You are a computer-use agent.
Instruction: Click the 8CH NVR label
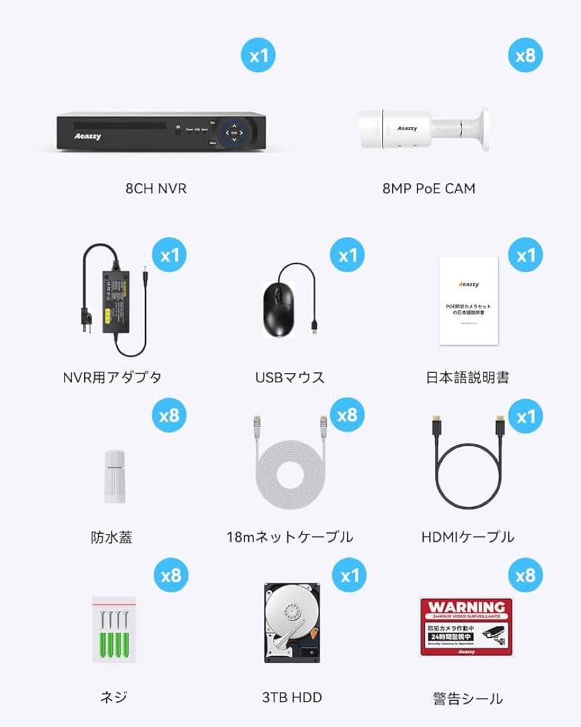tap(155, 188)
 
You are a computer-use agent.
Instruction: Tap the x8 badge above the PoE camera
tap(525, 55)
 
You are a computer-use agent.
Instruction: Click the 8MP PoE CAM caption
tap(428, 188)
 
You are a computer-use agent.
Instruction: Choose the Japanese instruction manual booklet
tap(468, 300)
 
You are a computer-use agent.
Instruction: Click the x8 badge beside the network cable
tap(347, 415)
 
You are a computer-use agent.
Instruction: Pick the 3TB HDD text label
tap(292, 697)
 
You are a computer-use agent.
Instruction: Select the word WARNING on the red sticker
tap(467, 607)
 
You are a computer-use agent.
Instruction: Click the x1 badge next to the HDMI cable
tap(525, 416)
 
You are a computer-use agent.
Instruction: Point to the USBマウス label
tap(290, 377)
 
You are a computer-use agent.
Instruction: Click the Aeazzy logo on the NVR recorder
tap(87, 135)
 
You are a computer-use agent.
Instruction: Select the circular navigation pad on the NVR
tap(234, 133)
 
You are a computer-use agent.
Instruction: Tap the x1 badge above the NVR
tap(259, 55)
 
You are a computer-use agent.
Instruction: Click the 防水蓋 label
tap(112, 537)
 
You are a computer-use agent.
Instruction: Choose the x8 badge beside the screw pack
tap(171, 575)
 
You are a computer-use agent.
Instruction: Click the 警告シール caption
tap(467, 699)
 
